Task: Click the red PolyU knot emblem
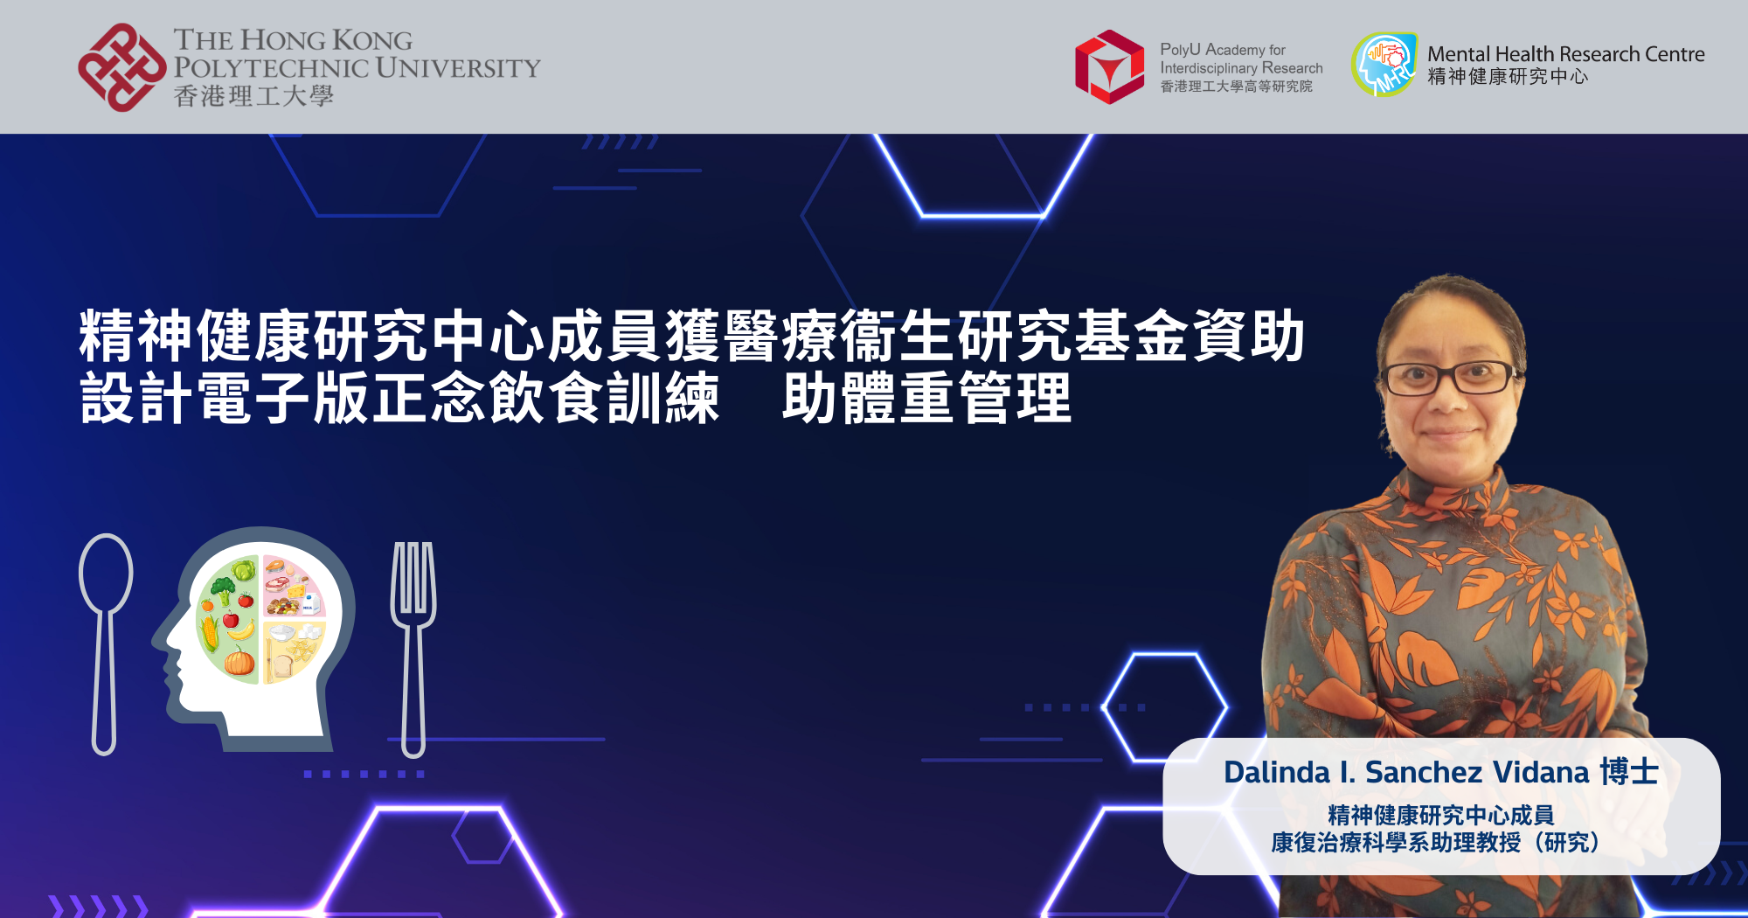(121, 67)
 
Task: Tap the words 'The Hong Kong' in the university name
(293, 40)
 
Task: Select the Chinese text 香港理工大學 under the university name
(253, 96)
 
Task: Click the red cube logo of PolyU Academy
(1109, 67)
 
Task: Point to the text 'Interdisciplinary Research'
(1241, 68)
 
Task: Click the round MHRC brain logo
(1384, 65)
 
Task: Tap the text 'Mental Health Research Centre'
(1566, 54)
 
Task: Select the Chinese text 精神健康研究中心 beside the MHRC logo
(1508, 77)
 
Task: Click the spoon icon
(105, 644)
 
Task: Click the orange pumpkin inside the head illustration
(239, 662)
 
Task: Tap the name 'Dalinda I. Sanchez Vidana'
(1406, 773)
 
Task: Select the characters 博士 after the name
(1629, 772)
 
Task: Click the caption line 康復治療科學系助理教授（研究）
(1441, 843)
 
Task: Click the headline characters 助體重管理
(926, 399)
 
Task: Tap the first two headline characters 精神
(135, 336)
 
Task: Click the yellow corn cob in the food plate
(210, 633)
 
